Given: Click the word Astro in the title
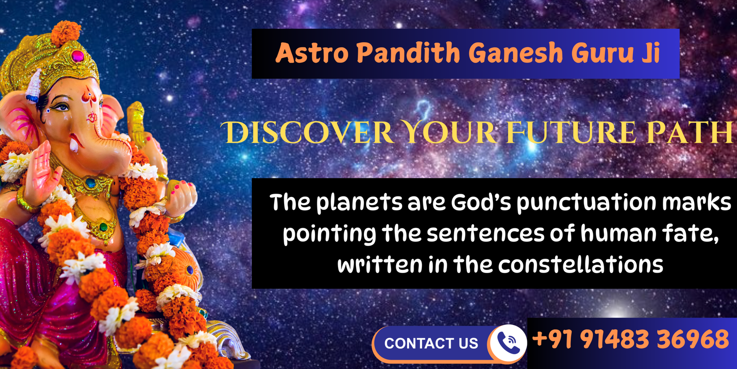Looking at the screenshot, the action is coord(311,53).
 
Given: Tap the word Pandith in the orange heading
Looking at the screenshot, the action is coord(408,52).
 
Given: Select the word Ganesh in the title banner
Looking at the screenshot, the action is coord(516,53).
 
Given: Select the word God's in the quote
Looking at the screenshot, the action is coord(481,202).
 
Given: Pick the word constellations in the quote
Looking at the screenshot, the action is coord(581,264).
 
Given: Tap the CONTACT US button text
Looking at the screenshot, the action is coord(431,343).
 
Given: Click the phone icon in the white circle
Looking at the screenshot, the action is coord(509,343).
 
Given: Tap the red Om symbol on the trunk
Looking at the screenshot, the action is coord(92,117).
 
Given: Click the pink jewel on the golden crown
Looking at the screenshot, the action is coord(78,56).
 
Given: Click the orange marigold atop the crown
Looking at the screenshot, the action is coord(66,32).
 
